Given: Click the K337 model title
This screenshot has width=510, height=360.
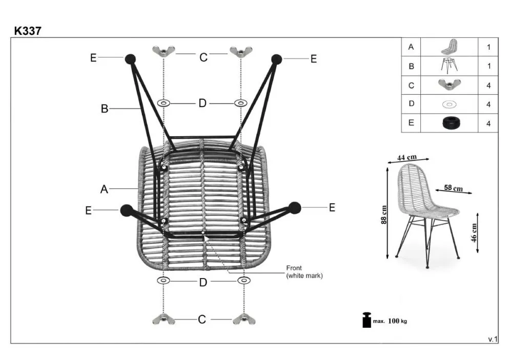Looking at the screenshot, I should [28, 31].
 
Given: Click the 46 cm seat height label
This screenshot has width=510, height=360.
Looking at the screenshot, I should [474, 233].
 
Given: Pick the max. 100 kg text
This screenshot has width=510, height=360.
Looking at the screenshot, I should [390, 321].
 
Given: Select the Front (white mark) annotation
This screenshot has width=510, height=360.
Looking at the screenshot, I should [304, 272].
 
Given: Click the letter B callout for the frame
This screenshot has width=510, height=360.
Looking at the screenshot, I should [105, 109].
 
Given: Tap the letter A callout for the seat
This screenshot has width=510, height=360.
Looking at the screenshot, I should [104, 189].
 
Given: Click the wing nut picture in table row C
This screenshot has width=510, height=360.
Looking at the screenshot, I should [449, 85].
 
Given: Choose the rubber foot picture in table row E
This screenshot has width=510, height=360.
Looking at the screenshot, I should [449, 123].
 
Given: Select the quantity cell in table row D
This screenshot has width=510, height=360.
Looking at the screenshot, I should [488, 104].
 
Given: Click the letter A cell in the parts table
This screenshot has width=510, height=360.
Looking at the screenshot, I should [411, 47].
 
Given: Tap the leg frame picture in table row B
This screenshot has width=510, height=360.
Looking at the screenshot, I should [449, 66].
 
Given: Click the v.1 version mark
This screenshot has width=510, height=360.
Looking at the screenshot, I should [492, 340].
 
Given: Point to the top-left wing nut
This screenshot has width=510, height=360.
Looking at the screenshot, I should [164, 51].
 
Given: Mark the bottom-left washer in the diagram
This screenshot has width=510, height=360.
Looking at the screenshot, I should [164, 281].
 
